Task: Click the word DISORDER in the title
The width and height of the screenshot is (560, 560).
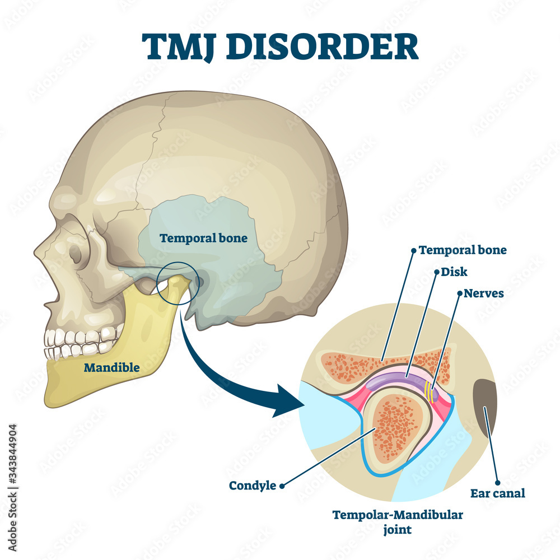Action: coord(322,47)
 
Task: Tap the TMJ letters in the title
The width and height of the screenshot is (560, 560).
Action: coord(180,48)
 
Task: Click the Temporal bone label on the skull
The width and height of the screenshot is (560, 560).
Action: coord(204,238)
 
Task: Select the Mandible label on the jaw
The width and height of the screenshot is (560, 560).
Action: coord(112,367)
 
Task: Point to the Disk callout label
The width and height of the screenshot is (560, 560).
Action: coord(454,272)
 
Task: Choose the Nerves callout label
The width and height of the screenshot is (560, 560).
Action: coord(484,293)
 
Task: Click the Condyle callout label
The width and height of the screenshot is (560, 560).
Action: coord(253,486)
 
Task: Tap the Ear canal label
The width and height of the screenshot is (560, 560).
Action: coord(497,493)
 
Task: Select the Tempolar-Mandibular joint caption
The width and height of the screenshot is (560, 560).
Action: coord(398,522)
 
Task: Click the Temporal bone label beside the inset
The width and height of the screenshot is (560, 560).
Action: coord(463,250)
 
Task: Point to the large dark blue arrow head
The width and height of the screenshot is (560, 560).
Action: coord(288,402)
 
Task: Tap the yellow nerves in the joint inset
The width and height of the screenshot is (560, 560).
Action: coord(430,391)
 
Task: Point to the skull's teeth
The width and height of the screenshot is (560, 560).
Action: coord(83,343)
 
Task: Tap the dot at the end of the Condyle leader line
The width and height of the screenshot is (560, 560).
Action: coord(282,486)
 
